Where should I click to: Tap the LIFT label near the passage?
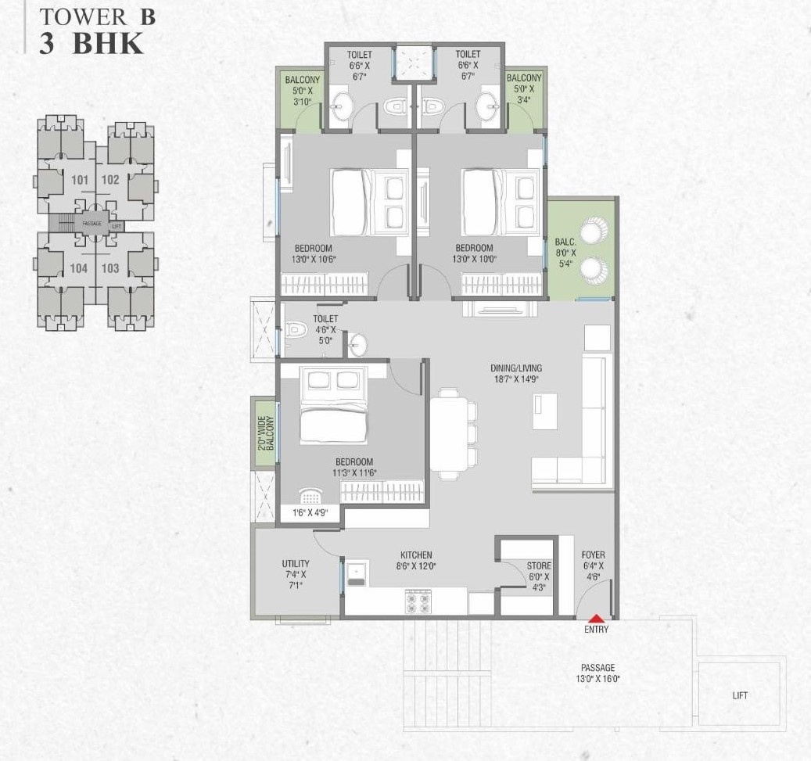pyautogui.click(x=739, y=695)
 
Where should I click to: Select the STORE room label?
pyautogui.click(x=538, y=571)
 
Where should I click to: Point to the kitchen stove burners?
pyautogui.click(x=416, y=601)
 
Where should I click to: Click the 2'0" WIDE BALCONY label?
pyautogui.click(x=265, y=433)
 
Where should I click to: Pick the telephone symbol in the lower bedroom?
pyautogui.click(x=310, y=497)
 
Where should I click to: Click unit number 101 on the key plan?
pyautogui.click(x=79, y=180)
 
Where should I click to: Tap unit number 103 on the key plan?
pyautogui.click(x=110, y=268)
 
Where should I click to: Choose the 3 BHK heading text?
pyautogui.click(x=92, y=44)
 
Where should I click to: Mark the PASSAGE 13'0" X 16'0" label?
pyautogui.click(x=597, y=673)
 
